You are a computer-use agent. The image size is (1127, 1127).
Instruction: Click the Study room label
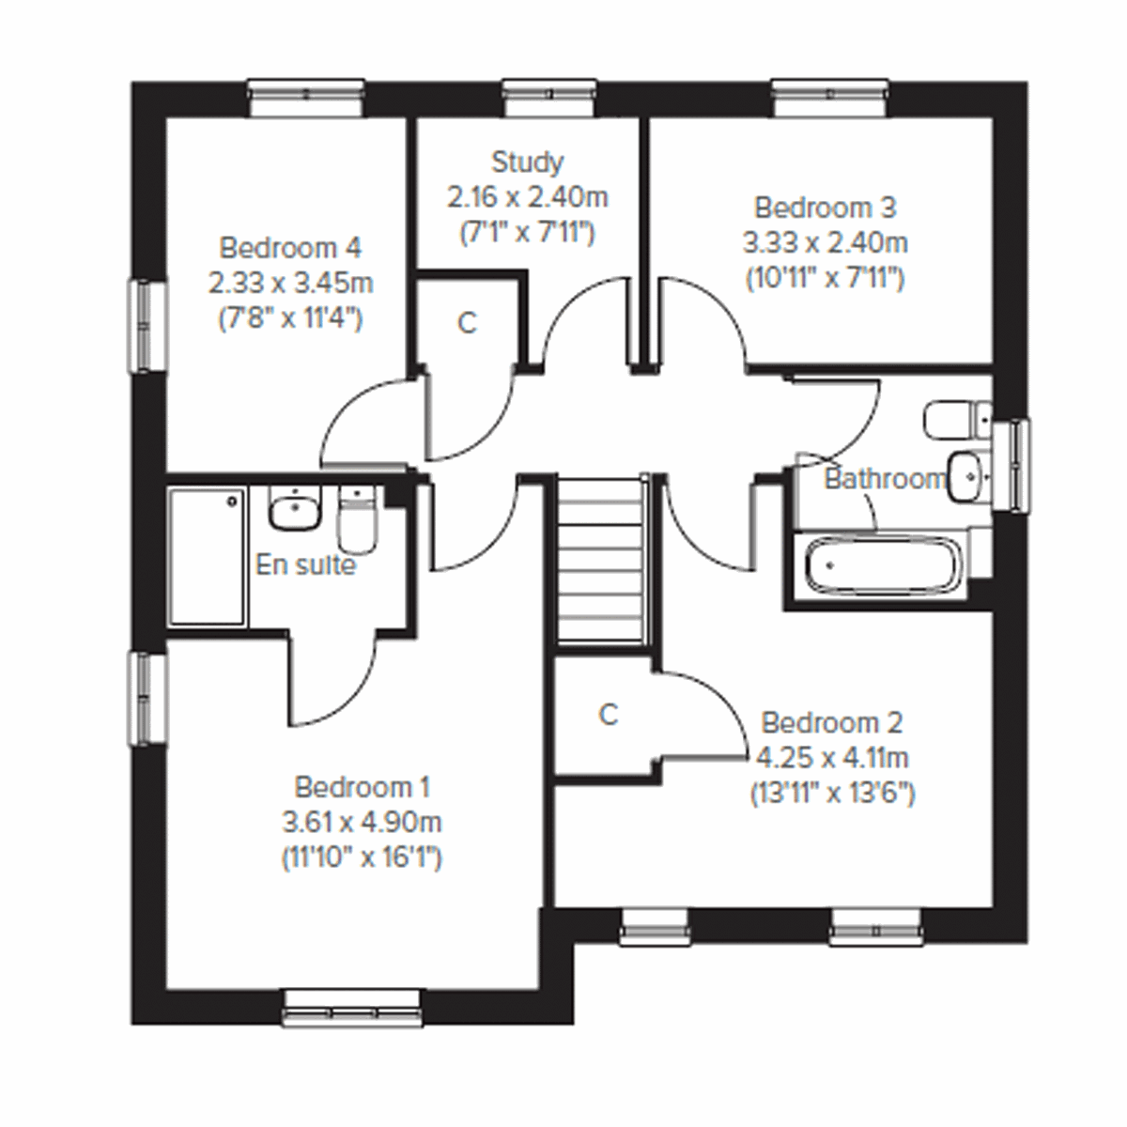coord(528,162)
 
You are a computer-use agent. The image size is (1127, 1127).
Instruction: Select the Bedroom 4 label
coord(289,248)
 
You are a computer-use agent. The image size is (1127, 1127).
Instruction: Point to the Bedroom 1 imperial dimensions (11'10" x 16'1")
coord(362,858)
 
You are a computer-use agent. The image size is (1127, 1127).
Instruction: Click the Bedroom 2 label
coord(831,723)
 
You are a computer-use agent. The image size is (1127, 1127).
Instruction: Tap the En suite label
coord(305,565)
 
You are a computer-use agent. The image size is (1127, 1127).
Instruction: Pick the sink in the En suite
coord(295,509)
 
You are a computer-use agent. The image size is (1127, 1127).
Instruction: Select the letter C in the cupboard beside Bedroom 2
coord(608,715)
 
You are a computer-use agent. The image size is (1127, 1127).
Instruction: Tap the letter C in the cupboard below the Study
coord(467,323)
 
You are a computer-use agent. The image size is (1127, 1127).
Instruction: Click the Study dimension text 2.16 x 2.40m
coord(527,197)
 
